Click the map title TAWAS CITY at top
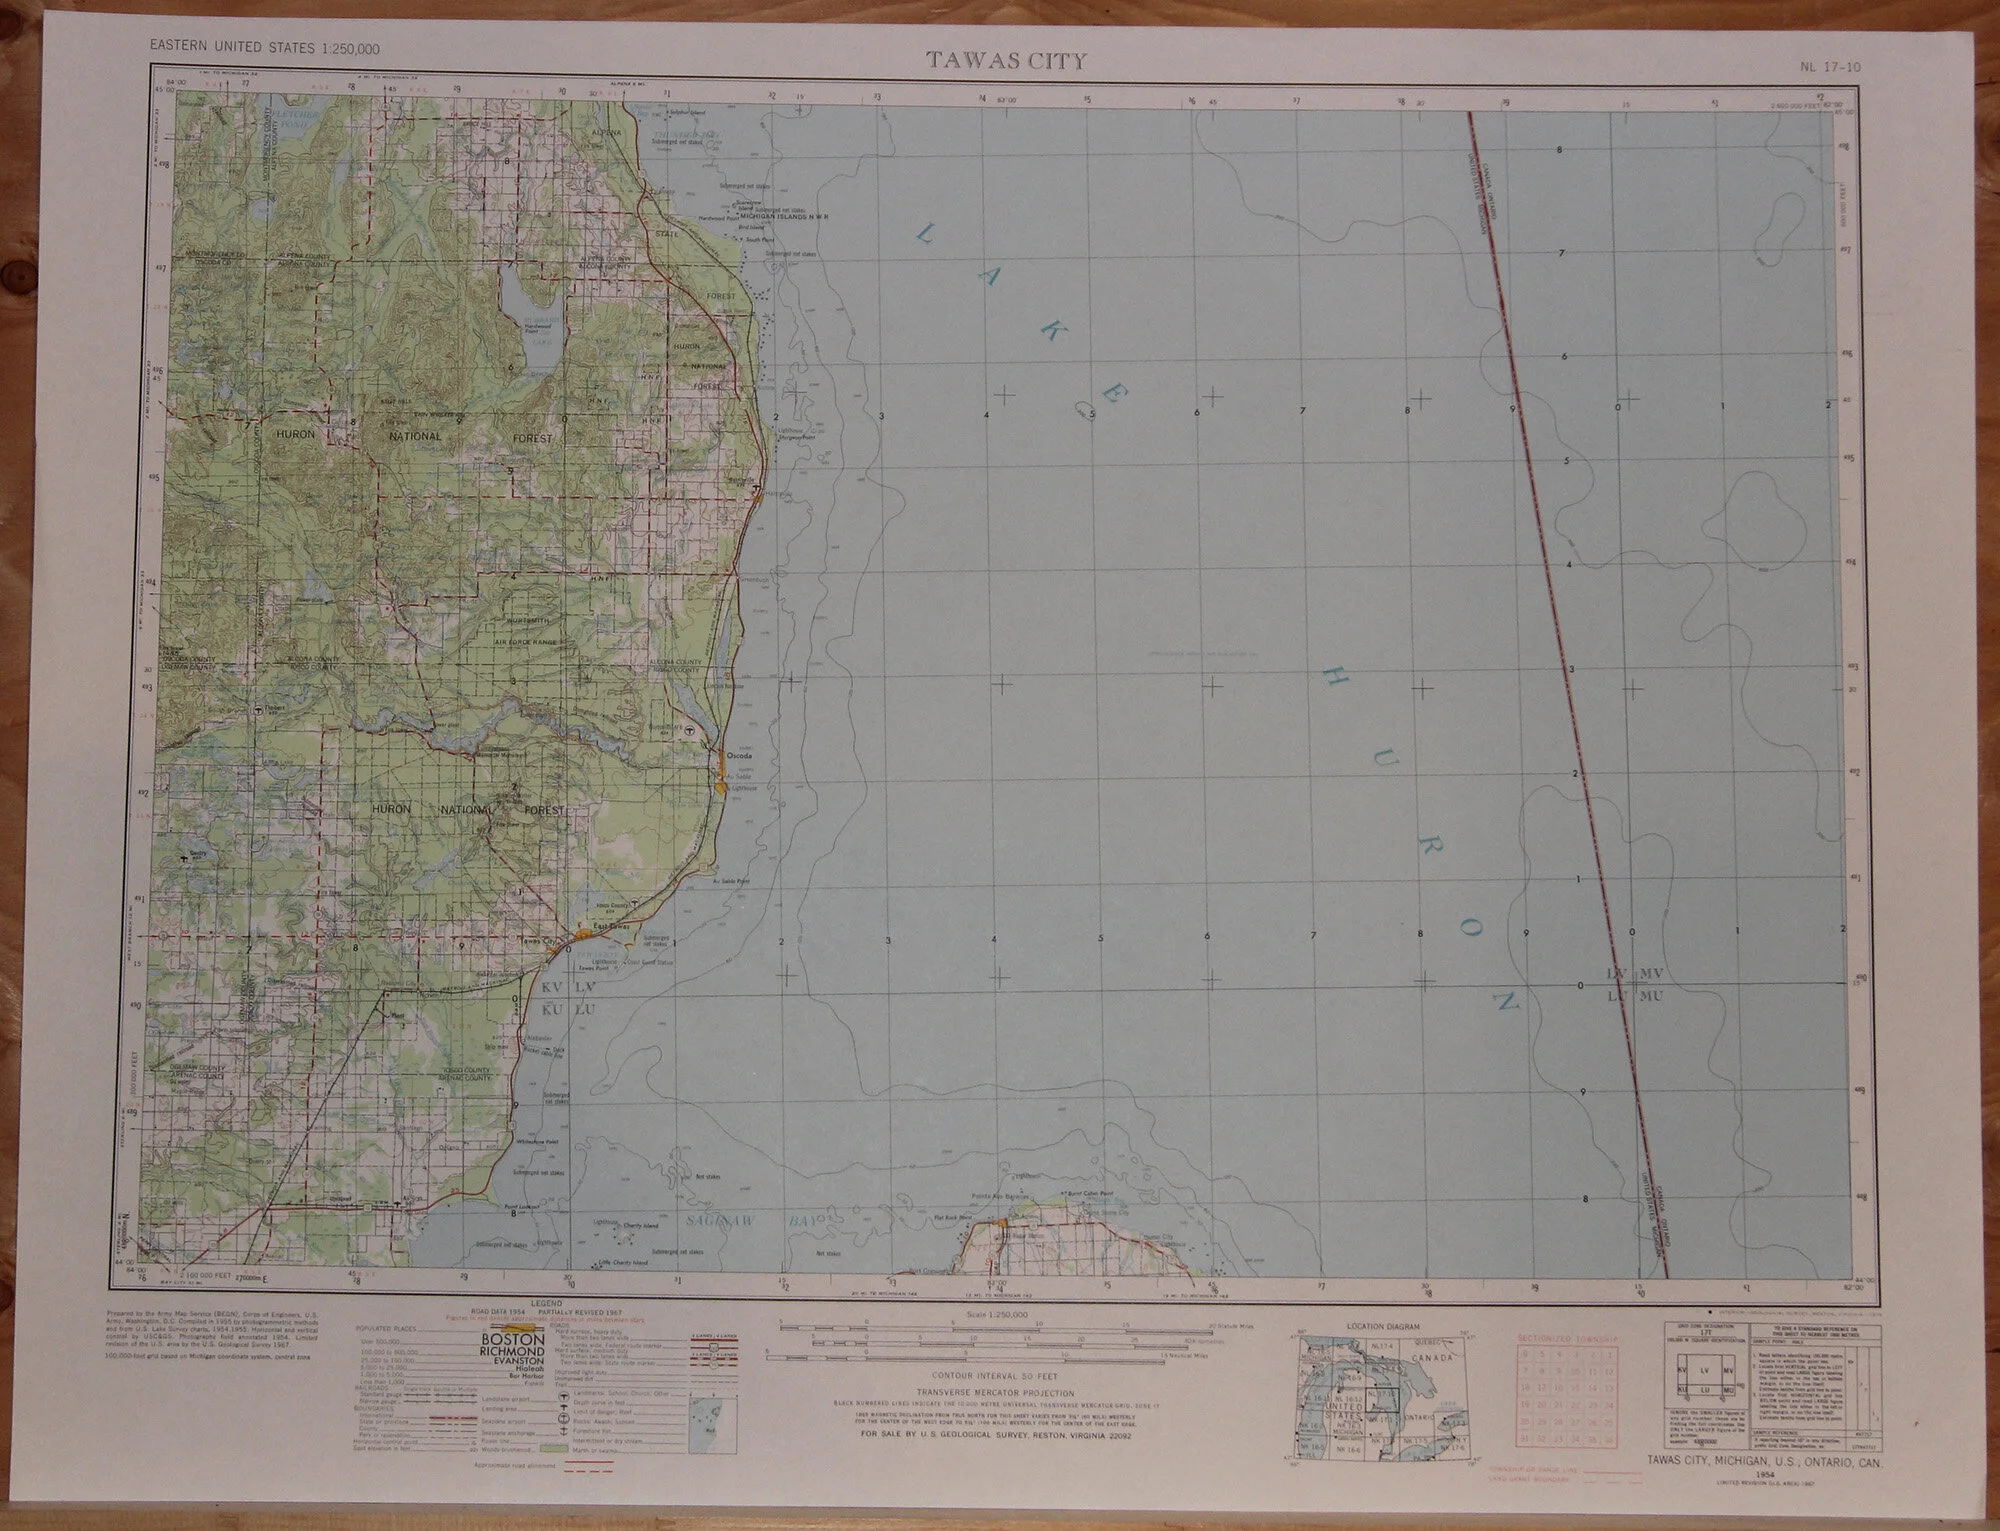[x=1005, y=60]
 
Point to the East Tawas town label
[x=610, y=925]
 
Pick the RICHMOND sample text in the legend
[x=512, y=1352]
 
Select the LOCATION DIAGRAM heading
[x=1383, y=1326]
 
